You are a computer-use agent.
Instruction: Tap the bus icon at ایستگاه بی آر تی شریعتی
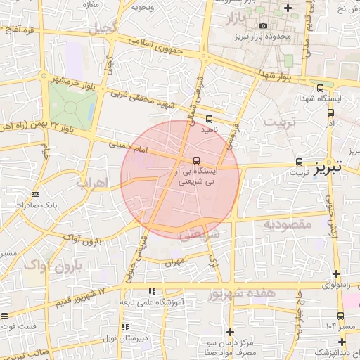pyautogui.click(x=196, y=160)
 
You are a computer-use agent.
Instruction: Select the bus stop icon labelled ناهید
pyautogui.click(x=209, y=119)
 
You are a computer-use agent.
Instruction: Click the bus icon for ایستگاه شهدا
pyautogui.click(x=321, y=89)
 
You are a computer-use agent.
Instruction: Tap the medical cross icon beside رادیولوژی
pyautogui.click(x=337, y=274)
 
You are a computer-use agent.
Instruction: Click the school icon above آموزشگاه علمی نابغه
pyautogui.click(x=150, y=291)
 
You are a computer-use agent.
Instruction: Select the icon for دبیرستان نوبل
pyautogui.click(x=125, y=327)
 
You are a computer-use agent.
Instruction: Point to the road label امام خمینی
pyautogui.click(x=129, y=148)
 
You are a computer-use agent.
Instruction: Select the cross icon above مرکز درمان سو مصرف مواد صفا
pyautogui.click(x=230, y=332)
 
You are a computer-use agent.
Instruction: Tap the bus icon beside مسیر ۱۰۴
pyautogui.click(x=341, y=316)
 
